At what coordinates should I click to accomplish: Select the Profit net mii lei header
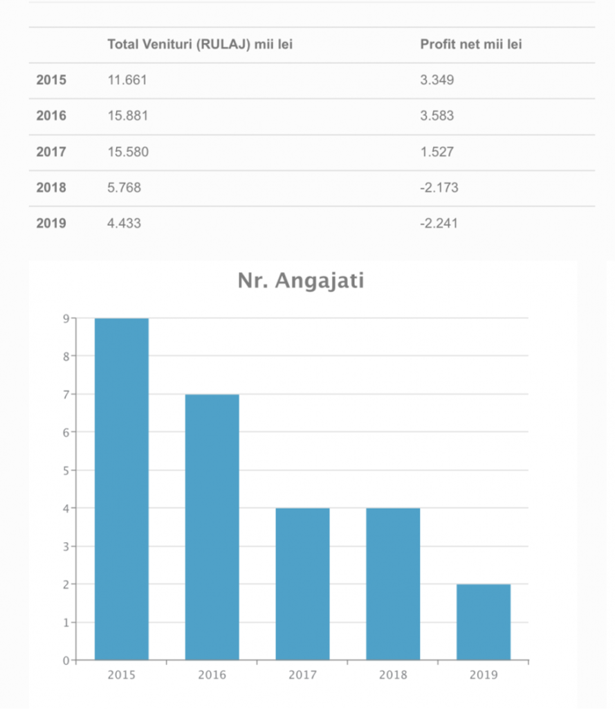pyautogui.click(x=471, y=45)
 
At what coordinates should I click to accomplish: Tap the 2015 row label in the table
pyautogui.click(x=51, y=80)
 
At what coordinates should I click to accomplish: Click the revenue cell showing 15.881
pyautogui.click(x=127, y=116)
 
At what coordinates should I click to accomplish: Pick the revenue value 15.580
pyautogui.click(x=127, y=152)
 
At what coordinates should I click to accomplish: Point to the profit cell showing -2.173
pyautogui.click(x=439, y=188)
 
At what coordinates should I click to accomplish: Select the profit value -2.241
pyautogui.click(x=439, y=224)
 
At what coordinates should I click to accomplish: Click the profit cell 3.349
pyautogui.click(x=437, y=80)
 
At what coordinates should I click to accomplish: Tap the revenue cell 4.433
pyautogui.click(x=125, y=224)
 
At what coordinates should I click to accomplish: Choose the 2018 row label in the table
pyautogui.click(x=51, y=188)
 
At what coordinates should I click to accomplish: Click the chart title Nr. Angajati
pyautogui.click(x=301, y=280)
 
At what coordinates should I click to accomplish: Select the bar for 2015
pyautogui.click(x=122, y=489)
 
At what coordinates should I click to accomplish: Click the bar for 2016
pyautogui.click(x=212, y=527)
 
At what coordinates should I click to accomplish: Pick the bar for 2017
pyautogui.click(x=302, y=584)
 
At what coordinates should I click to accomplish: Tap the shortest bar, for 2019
pyautogui.click(x=483, y=622)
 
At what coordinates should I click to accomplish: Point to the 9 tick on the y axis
pyautogui.click(x=66, y=318)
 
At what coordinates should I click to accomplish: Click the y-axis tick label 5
pyautogui.click(x=66, y=470)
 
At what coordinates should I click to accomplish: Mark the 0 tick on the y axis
pyautogui.click(x=66, y=660)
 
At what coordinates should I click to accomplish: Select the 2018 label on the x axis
pyautogui.click(x=392, y=675)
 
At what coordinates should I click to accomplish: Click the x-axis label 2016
pyautogui.click(x=212, y=675)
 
